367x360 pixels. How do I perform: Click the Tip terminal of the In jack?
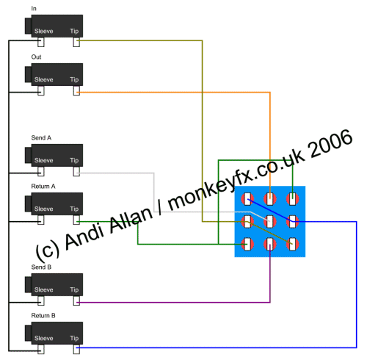(76, 42)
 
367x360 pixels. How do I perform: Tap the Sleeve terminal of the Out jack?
(41, 90)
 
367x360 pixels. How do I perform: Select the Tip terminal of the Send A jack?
(76, 171)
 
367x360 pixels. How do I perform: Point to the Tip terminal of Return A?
(76, 220)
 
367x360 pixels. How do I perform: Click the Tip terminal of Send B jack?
(76, 300)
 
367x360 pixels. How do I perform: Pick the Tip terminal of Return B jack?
(76, 349)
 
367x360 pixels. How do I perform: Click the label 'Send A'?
(41, 137)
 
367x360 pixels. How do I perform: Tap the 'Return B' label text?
(43, 315)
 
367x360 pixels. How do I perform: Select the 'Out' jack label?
(36, 57)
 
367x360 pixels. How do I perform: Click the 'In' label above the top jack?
(34, 9)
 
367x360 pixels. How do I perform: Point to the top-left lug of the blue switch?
(247, 199)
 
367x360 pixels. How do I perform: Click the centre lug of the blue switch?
(270, 222)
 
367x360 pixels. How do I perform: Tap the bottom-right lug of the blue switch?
(293, 244)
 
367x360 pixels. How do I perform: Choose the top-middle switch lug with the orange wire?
(270, 199)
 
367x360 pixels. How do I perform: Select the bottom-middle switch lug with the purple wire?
(270, 244)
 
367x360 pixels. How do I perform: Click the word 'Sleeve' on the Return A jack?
(44, 209)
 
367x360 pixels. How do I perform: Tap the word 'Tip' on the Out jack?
(74, 79)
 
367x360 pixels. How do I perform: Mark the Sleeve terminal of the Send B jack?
(41, 300)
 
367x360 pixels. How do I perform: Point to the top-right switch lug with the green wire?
(293, 199)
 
